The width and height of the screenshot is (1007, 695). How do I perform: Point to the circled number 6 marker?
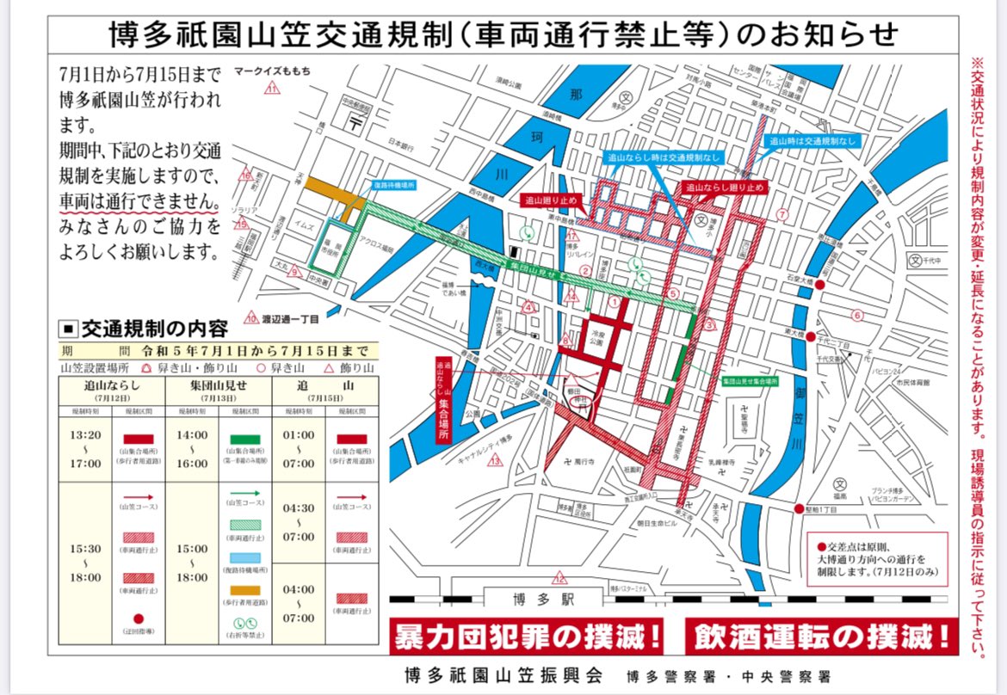tap(856, 315)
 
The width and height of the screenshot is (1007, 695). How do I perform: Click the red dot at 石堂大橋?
tap(821, 285)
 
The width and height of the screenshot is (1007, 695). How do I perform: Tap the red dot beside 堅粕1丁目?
tap(799, 508)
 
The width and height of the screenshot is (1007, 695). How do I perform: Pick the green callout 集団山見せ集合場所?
tap(749, 379)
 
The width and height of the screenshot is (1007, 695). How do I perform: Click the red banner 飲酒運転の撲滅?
tap(821, 637)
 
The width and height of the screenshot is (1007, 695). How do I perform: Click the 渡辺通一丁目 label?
tap(289, 318)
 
